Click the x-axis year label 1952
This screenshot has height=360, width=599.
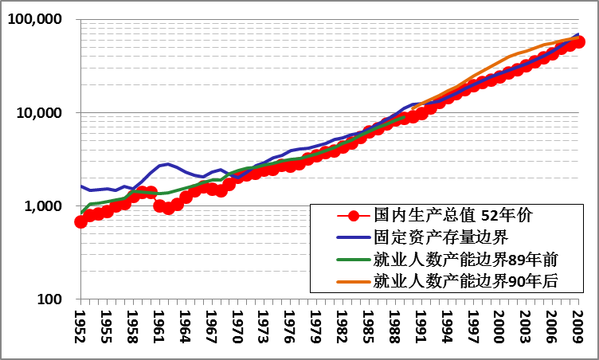(80, 327)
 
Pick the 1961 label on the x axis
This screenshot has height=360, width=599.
(159, 327)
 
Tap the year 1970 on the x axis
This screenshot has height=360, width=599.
(237, 327)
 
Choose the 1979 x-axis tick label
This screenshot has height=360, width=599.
(316, 327)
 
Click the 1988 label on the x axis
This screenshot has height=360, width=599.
(395, 327)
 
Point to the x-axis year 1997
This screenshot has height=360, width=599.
(474, 327)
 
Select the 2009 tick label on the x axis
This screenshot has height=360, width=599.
(579, 327)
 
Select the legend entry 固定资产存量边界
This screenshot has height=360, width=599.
(440, 237)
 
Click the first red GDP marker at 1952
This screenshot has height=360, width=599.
(80, 221)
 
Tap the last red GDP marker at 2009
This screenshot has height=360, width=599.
(579, 42)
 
